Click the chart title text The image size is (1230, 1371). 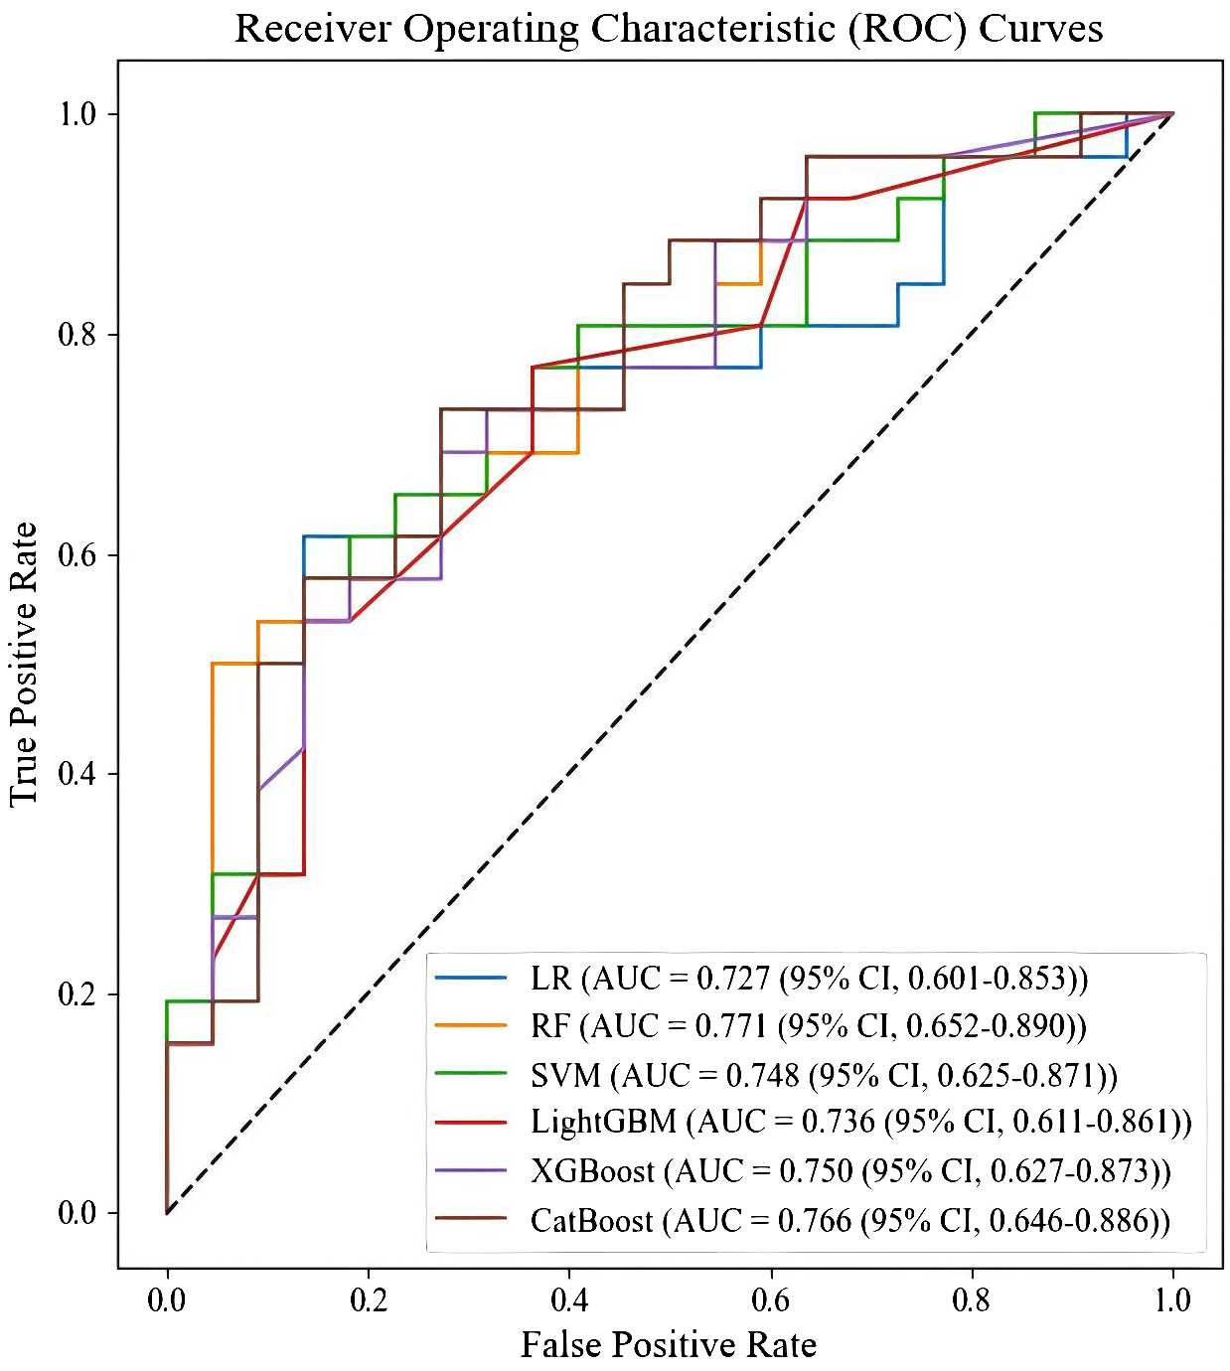[x=669, y=29]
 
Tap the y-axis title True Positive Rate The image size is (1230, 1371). [x=23, y=664]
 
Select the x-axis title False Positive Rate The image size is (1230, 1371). [x=669, y=1344]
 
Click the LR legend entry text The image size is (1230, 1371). [x=810, y=979]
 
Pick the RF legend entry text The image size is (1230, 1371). [x=809, y=1026]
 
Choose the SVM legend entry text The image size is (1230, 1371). [x=825, y=1075]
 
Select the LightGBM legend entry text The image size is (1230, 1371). [x=861, y=1123]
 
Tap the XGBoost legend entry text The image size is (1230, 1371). [x=850, y=1171]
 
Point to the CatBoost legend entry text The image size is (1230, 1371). [x=850, y=1219]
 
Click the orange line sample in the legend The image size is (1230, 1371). [x=471, y=1026]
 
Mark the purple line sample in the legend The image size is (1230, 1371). [x=471, y=1171]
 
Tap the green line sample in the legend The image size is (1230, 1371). [x=471, y=1075]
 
